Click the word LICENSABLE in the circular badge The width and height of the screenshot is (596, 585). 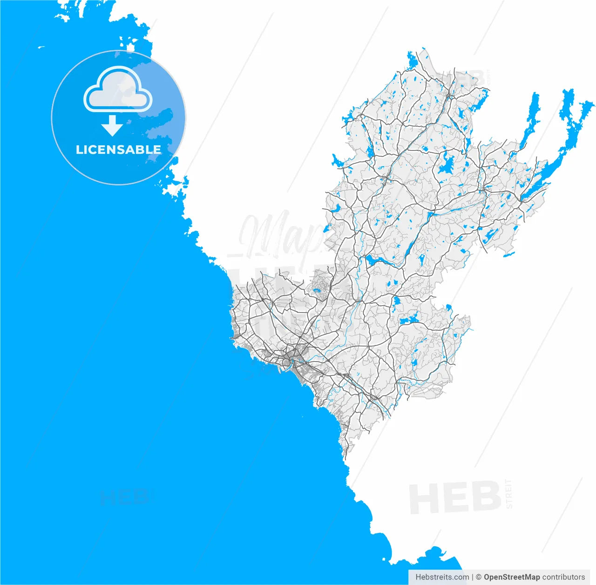coord(118,150)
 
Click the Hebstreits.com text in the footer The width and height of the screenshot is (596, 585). coord(442,577)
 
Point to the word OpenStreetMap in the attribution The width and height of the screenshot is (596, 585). coord(512,577)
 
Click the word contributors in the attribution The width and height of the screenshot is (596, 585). coord(563,577)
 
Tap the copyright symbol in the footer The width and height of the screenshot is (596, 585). coord(479,577)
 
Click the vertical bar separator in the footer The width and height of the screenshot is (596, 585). coord(472,577)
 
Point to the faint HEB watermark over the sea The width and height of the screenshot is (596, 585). coord(123,497)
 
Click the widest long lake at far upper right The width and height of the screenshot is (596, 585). coord(570,116)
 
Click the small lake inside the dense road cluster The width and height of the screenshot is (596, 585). coord(317,292)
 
